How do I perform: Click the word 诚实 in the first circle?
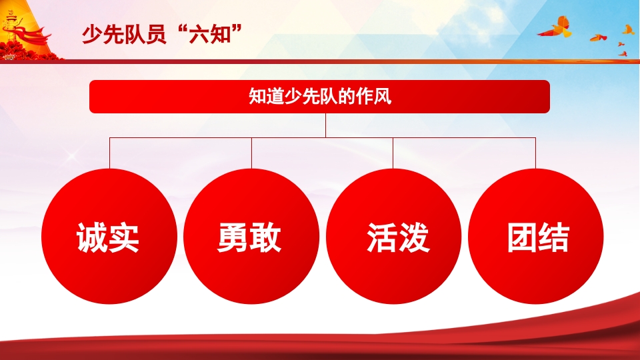tap(109, 238)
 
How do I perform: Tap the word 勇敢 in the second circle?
tap(250, 238)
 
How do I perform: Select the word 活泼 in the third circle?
tap(398, 238)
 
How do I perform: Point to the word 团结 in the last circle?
tap(538, 238)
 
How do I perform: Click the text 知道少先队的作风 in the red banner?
tap(319, 97)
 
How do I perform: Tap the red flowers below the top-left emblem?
tap(27, 51)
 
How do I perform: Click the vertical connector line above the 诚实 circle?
tap(110, 152)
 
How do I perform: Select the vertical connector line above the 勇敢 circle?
tap(251, 152)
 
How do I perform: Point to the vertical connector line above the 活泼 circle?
tap(393, 152)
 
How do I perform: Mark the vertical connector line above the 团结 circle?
tap(535, 152)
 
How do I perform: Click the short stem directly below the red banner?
tap(326, 125)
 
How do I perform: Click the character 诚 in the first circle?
tap(93, 238)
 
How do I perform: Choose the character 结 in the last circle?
tap(554, 238)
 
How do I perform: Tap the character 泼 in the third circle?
tap(414, 238)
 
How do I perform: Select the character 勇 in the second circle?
tap(233, 238)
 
